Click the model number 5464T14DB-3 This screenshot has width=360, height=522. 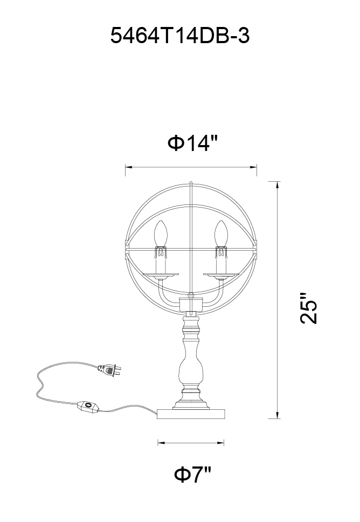coord(179,36)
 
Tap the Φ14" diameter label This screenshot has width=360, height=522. coord(192,143)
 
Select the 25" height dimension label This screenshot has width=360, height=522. coord(308,308)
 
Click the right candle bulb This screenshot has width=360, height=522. coord(221,233)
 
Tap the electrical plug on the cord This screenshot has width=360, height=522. coord(109,369)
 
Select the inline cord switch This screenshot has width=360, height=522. coord(88,407)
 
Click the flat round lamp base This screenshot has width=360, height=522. coord(191,414)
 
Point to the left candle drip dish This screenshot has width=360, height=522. coord(161,276)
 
